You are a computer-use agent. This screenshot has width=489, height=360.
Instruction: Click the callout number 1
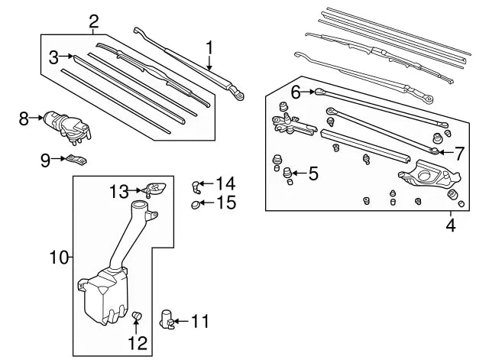(x=209, y=48)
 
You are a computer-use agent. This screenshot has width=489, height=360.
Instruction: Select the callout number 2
(x=93, y=21)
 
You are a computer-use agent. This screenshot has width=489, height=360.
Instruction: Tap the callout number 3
(x=53, y=57)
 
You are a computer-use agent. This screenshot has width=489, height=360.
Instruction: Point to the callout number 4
(x=450, y=225)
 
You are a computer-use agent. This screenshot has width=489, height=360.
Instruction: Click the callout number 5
(x=313, y=174)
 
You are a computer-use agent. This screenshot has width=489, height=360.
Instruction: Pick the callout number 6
(x=296, y=92)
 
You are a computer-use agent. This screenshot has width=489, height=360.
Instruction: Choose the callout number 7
(x=458, y=153)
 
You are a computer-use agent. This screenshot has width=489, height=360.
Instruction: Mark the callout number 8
(x=24, y=118)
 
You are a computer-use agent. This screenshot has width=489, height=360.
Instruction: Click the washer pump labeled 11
(x=167, y=318)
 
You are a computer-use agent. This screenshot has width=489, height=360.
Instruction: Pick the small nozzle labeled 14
(x=197, y=183)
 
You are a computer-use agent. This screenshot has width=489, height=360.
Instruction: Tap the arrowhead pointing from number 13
(x=142, y=190)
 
